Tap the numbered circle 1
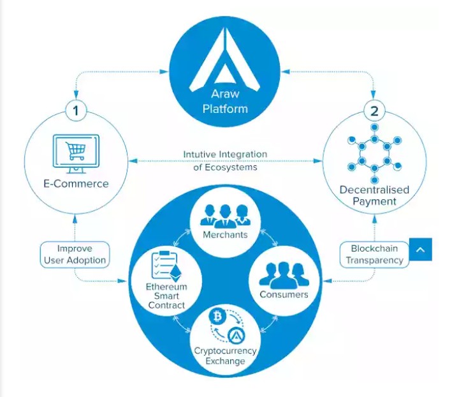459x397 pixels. tap(76, 111)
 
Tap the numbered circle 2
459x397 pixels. tap(374, 111)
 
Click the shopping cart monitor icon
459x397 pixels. tap(75, 153)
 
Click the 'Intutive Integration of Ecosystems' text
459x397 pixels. tap(225, 161)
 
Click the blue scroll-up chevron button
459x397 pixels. tap(419, 250)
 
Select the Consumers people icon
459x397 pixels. tap(284, 275)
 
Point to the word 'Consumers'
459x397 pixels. tap(284, 294)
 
